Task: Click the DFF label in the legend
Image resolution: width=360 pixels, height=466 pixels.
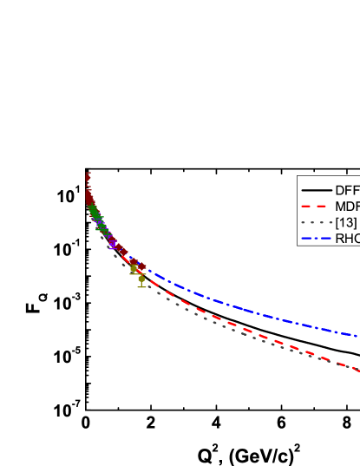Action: pos(347,190)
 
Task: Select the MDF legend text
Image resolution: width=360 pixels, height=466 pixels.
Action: pos(347,207)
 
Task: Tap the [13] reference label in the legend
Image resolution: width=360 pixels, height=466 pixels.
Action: pos(345,223)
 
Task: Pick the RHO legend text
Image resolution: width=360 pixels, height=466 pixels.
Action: pos(347,239)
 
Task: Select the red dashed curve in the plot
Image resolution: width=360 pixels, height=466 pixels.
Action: pos(260,333)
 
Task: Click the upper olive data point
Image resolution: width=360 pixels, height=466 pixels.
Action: pos(134,270)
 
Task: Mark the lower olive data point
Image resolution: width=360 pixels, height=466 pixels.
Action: pos(141,279)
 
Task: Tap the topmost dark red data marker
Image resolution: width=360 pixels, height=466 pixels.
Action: pos(88,175)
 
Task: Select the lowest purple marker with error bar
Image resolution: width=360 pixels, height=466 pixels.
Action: pos(112,246)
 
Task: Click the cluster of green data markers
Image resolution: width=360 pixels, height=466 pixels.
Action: pos(94,213)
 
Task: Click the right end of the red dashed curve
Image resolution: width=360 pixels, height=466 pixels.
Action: pos(357,371)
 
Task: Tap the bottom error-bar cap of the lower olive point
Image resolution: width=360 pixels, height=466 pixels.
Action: pos(141,286)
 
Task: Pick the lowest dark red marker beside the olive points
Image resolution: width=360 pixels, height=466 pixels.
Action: pos(139,270)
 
